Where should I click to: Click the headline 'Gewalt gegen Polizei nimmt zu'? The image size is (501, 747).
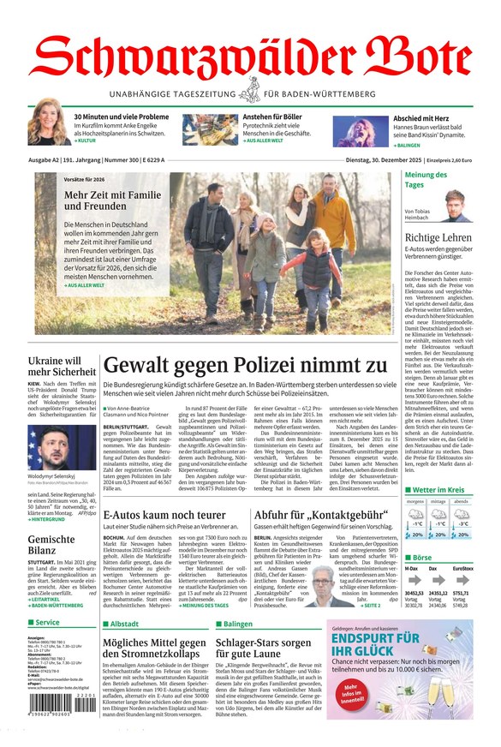coord(245,366)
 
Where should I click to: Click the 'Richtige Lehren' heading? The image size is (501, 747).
coord(438,237)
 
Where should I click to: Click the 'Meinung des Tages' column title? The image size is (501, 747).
coord(426,179)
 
